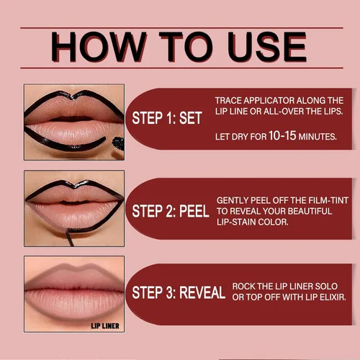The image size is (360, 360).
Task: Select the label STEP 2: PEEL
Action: tap(171, 212)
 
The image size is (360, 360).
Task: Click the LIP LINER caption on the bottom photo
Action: tap(104, 326)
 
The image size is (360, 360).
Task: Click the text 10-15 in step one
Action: tap(275, 135)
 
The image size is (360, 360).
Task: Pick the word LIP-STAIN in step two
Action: tap(237, 222)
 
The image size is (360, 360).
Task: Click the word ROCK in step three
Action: tap(243, 286)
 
